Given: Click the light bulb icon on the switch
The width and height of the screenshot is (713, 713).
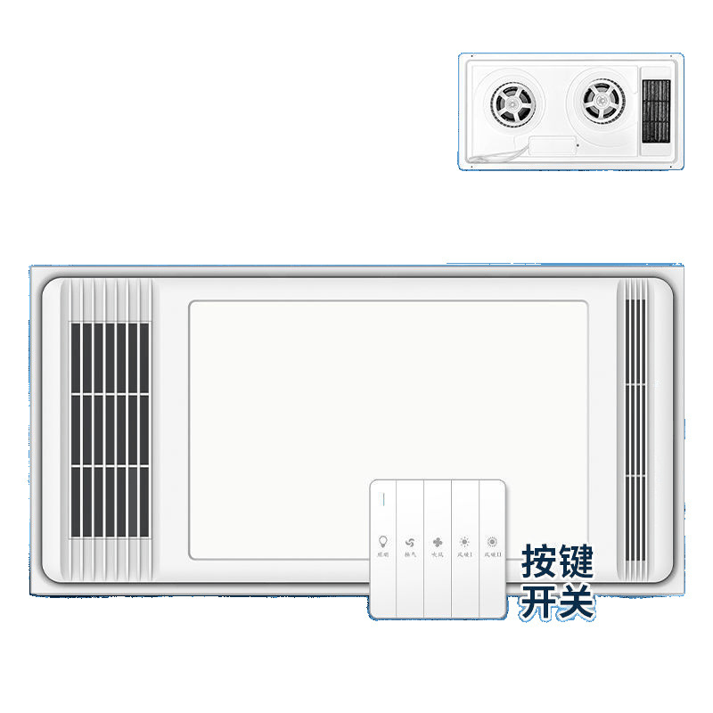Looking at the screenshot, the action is [383, 541].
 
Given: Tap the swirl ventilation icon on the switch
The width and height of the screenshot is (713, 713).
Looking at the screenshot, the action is [410, 541].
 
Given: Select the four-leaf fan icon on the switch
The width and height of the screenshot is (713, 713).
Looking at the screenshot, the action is [438, 541].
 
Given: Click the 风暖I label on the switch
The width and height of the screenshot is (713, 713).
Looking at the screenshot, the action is [464, 554].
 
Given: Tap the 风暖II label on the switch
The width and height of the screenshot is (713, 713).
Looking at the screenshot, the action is [492, 554].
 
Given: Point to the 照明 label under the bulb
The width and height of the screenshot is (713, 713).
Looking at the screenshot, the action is [383, 554].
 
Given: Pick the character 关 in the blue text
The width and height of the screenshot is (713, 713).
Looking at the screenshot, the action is [575, 602].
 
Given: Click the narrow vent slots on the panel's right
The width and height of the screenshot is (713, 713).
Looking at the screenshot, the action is [635, 428].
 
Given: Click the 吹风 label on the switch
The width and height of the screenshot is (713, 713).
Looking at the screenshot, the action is [438, 554].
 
